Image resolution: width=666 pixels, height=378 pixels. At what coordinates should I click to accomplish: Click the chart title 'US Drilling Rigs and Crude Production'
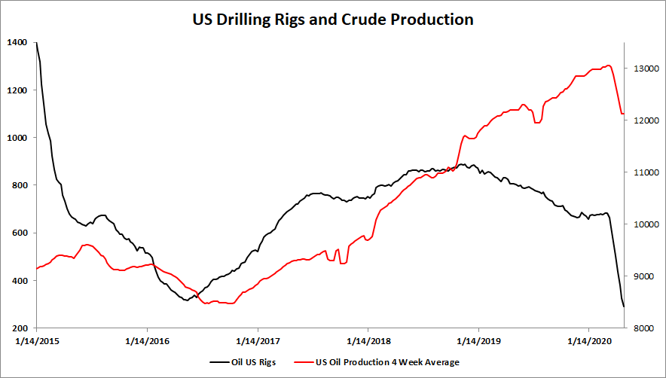click(x=332, y=20)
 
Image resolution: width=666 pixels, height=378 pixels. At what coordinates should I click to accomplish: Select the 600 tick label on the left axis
click(x=18, y=233)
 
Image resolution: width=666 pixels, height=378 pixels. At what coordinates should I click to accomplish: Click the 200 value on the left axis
click(x=18, y=328)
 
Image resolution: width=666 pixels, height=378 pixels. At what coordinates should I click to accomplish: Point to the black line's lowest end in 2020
click(x=624, y=306)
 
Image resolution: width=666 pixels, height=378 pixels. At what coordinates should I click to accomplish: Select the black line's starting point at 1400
click(x=36, y=43)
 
